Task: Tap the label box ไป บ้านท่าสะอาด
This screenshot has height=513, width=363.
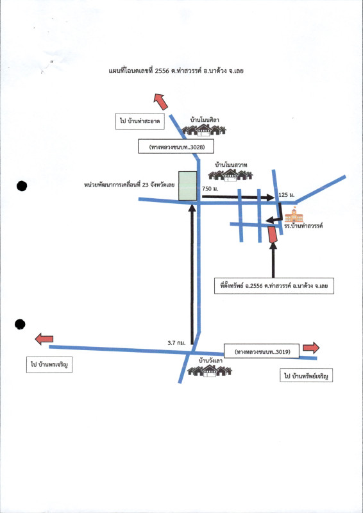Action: click(x=140, y=121)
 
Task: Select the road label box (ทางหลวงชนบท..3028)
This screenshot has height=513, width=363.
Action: click(x=176, y=146)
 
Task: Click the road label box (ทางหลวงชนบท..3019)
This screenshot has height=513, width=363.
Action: click(x=262, y=351)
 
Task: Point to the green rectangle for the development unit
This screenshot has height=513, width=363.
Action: click(x=187, y=185)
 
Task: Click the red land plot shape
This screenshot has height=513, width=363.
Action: click(x=273, y=235)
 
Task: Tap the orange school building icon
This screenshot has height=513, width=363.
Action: click(x=294, y=215)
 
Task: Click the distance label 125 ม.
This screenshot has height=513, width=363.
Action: click(x=285, y=196)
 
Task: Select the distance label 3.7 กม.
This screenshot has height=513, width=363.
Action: click(x=176, y=343)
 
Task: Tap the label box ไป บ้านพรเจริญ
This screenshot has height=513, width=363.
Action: click(x=49, y=365)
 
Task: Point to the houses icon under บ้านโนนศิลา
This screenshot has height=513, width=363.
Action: click(x=204, y=130)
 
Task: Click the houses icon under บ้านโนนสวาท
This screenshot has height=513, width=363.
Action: click(x=230, y=175)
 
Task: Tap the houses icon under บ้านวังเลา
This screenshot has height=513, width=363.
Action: click(x=210, y=371)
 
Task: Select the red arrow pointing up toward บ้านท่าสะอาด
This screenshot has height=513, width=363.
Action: click(x=161, y=101)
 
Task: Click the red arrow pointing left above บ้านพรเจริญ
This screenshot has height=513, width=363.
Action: click(x=44, y=339)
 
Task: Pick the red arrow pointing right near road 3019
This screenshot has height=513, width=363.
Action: click(x=311, y=348)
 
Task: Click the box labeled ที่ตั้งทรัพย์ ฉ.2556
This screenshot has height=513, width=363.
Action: click(x=274, y=286)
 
